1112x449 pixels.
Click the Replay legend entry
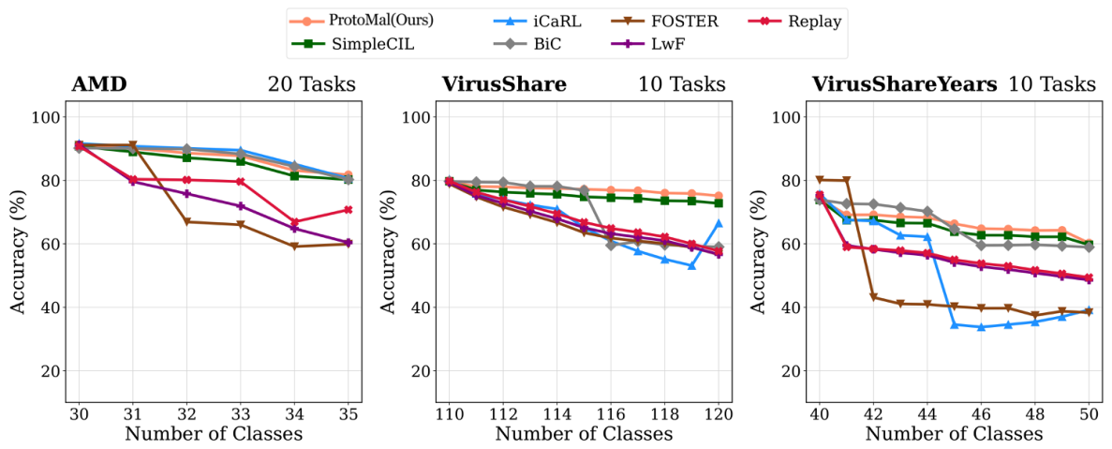coord(798,21)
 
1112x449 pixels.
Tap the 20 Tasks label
coord(311,84)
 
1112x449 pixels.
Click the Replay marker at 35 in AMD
coord(348,210)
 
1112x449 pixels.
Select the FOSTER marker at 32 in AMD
coord(186,222)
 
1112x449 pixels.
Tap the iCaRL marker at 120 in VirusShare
coord(719,223)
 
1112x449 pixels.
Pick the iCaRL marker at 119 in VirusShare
coord(691,265)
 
